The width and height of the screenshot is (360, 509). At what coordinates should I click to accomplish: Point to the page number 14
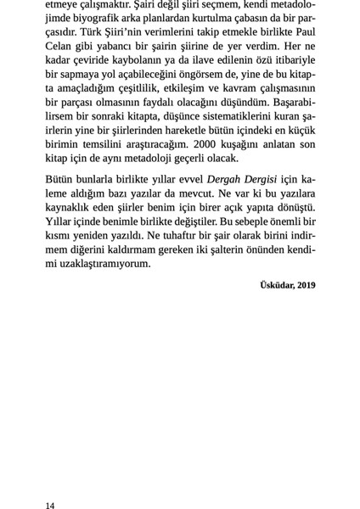coord(50,505)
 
